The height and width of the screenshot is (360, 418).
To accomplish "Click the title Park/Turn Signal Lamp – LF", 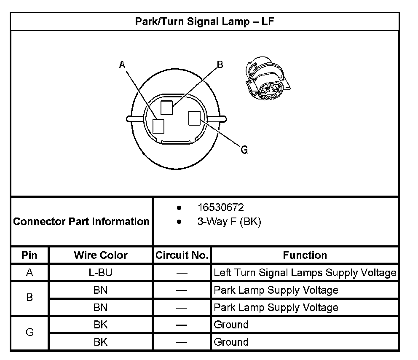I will point(204,21).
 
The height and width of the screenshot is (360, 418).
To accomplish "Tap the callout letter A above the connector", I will point(122,64).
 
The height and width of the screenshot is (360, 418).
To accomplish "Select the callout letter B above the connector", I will point(220,64).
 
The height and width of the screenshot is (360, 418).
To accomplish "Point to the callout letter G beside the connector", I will point(244,150).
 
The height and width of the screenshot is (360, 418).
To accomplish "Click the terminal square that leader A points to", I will point(158,126).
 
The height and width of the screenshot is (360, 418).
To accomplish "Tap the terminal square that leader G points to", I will point(194,118).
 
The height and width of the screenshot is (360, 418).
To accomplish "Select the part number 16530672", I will point(220,208).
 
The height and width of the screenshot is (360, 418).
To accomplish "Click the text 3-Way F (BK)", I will point(229,222).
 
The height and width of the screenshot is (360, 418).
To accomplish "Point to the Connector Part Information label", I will point(81,221).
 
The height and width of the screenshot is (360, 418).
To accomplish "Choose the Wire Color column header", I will point(100,255).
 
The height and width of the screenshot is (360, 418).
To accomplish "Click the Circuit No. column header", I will point(182,255).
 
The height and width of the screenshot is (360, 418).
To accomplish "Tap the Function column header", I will point(305,255).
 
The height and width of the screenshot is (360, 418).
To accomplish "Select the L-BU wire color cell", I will point(100,273).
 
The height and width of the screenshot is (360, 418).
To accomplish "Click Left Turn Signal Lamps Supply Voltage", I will point(305,273).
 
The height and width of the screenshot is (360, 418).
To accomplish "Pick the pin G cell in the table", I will point(29,333).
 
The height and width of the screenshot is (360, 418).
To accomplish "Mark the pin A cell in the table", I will point(29,273).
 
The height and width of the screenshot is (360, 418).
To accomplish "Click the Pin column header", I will point(29,255).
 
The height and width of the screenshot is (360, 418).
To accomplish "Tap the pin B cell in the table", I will point(29,298).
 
